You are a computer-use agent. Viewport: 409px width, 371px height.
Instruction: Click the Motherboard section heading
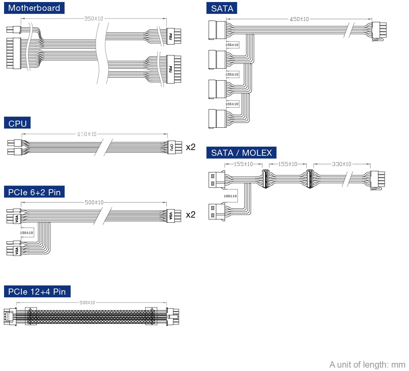pos(34,8)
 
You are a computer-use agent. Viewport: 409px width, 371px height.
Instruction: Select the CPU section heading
pos(17,123)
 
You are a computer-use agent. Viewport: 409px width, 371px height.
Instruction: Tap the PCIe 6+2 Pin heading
pos(34,192)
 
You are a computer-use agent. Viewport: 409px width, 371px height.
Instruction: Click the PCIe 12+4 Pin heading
pos(37,292)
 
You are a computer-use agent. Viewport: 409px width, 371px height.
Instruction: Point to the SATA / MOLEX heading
pos(241,153)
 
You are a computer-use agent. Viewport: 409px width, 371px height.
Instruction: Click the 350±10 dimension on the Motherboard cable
pos(94,19)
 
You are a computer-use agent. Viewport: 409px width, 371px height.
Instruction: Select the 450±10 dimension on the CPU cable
pos(87,134)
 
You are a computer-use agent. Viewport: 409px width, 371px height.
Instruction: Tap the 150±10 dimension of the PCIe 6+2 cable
pos(26,233)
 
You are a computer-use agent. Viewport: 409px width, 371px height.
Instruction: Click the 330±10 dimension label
pos(341,164)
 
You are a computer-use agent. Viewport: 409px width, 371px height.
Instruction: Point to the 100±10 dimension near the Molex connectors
pos(230,196)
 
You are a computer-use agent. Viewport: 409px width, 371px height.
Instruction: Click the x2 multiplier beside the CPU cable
pos(191,147)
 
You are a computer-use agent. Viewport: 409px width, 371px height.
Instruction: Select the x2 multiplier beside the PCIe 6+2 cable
pos(191,215)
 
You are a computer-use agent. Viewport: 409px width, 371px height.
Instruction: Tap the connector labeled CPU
pos(172,147)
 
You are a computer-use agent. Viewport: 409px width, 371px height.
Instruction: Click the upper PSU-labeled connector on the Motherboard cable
pos(171,36)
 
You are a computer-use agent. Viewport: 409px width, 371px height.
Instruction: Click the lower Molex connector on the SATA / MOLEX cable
pos(217,211)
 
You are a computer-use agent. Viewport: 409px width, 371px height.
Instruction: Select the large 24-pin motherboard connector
pos(14,53)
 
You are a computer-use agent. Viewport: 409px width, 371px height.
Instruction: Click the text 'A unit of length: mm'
pos(367,365)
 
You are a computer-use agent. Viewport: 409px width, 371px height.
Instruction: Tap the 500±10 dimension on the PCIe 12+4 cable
pos(87,303)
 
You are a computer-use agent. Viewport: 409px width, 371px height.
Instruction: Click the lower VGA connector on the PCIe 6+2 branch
pos(17,251)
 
